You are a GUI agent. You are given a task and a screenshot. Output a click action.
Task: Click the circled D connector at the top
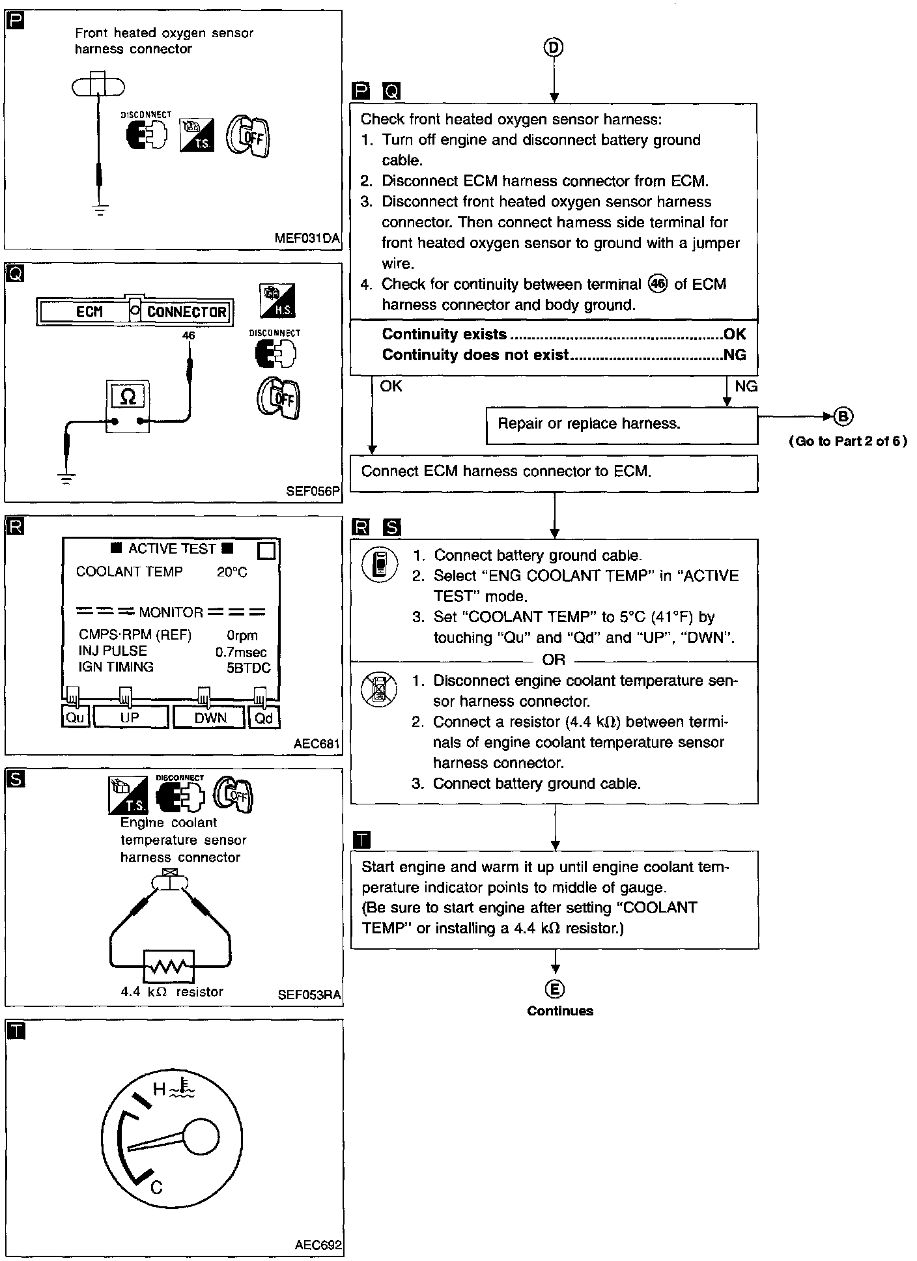554,47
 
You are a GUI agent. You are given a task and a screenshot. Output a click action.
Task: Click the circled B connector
843,416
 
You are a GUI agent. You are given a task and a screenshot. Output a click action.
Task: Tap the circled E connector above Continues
554,989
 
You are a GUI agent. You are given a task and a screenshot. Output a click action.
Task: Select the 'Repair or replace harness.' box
621,425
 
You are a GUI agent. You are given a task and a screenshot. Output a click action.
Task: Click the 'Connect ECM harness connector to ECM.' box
554,472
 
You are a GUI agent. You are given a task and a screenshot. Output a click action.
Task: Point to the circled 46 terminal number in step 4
658,284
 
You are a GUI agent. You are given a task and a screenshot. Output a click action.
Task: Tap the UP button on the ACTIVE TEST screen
130,717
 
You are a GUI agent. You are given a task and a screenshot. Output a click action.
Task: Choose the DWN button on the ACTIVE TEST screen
210,717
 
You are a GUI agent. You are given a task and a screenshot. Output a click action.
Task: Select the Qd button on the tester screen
264,717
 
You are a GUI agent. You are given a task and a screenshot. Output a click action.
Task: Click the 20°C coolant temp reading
232,572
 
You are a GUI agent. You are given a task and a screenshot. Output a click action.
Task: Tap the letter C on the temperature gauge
156,1187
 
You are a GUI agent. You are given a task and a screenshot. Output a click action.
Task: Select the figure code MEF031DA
307,238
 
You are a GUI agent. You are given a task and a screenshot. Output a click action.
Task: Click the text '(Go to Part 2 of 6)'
847,442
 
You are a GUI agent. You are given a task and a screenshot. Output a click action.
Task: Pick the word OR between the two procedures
554,660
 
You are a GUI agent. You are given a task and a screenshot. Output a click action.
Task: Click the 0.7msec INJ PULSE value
240,651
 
